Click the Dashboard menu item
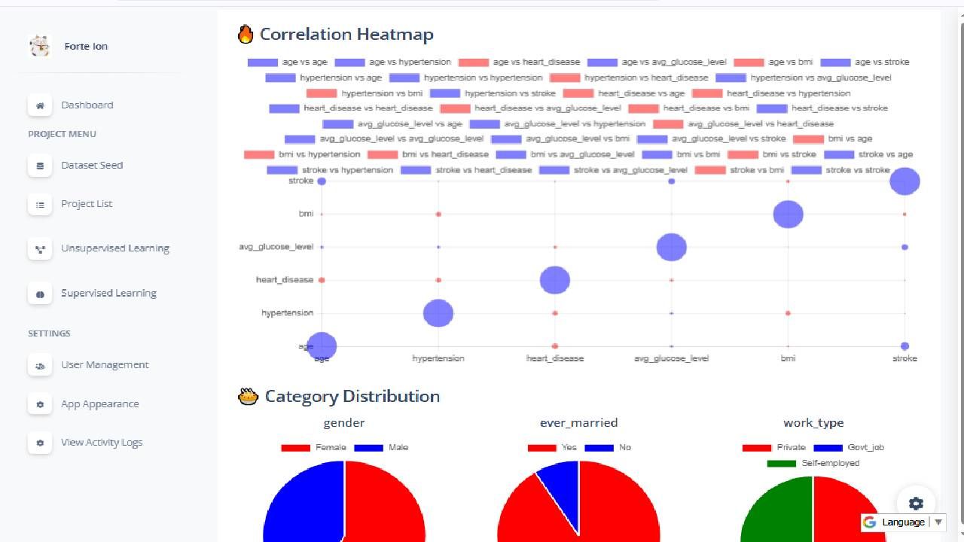87,105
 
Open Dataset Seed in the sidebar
91,166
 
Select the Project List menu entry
87,204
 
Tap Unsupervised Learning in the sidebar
114,248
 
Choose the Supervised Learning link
108,294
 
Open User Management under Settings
105,365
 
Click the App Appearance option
99,404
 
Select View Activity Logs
102,443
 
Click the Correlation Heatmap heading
346,35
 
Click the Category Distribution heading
352,397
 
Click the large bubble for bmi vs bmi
788,215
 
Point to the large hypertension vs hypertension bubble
438,313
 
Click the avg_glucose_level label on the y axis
276,247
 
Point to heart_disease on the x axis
555,358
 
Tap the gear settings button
916,504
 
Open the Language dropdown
903,522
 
